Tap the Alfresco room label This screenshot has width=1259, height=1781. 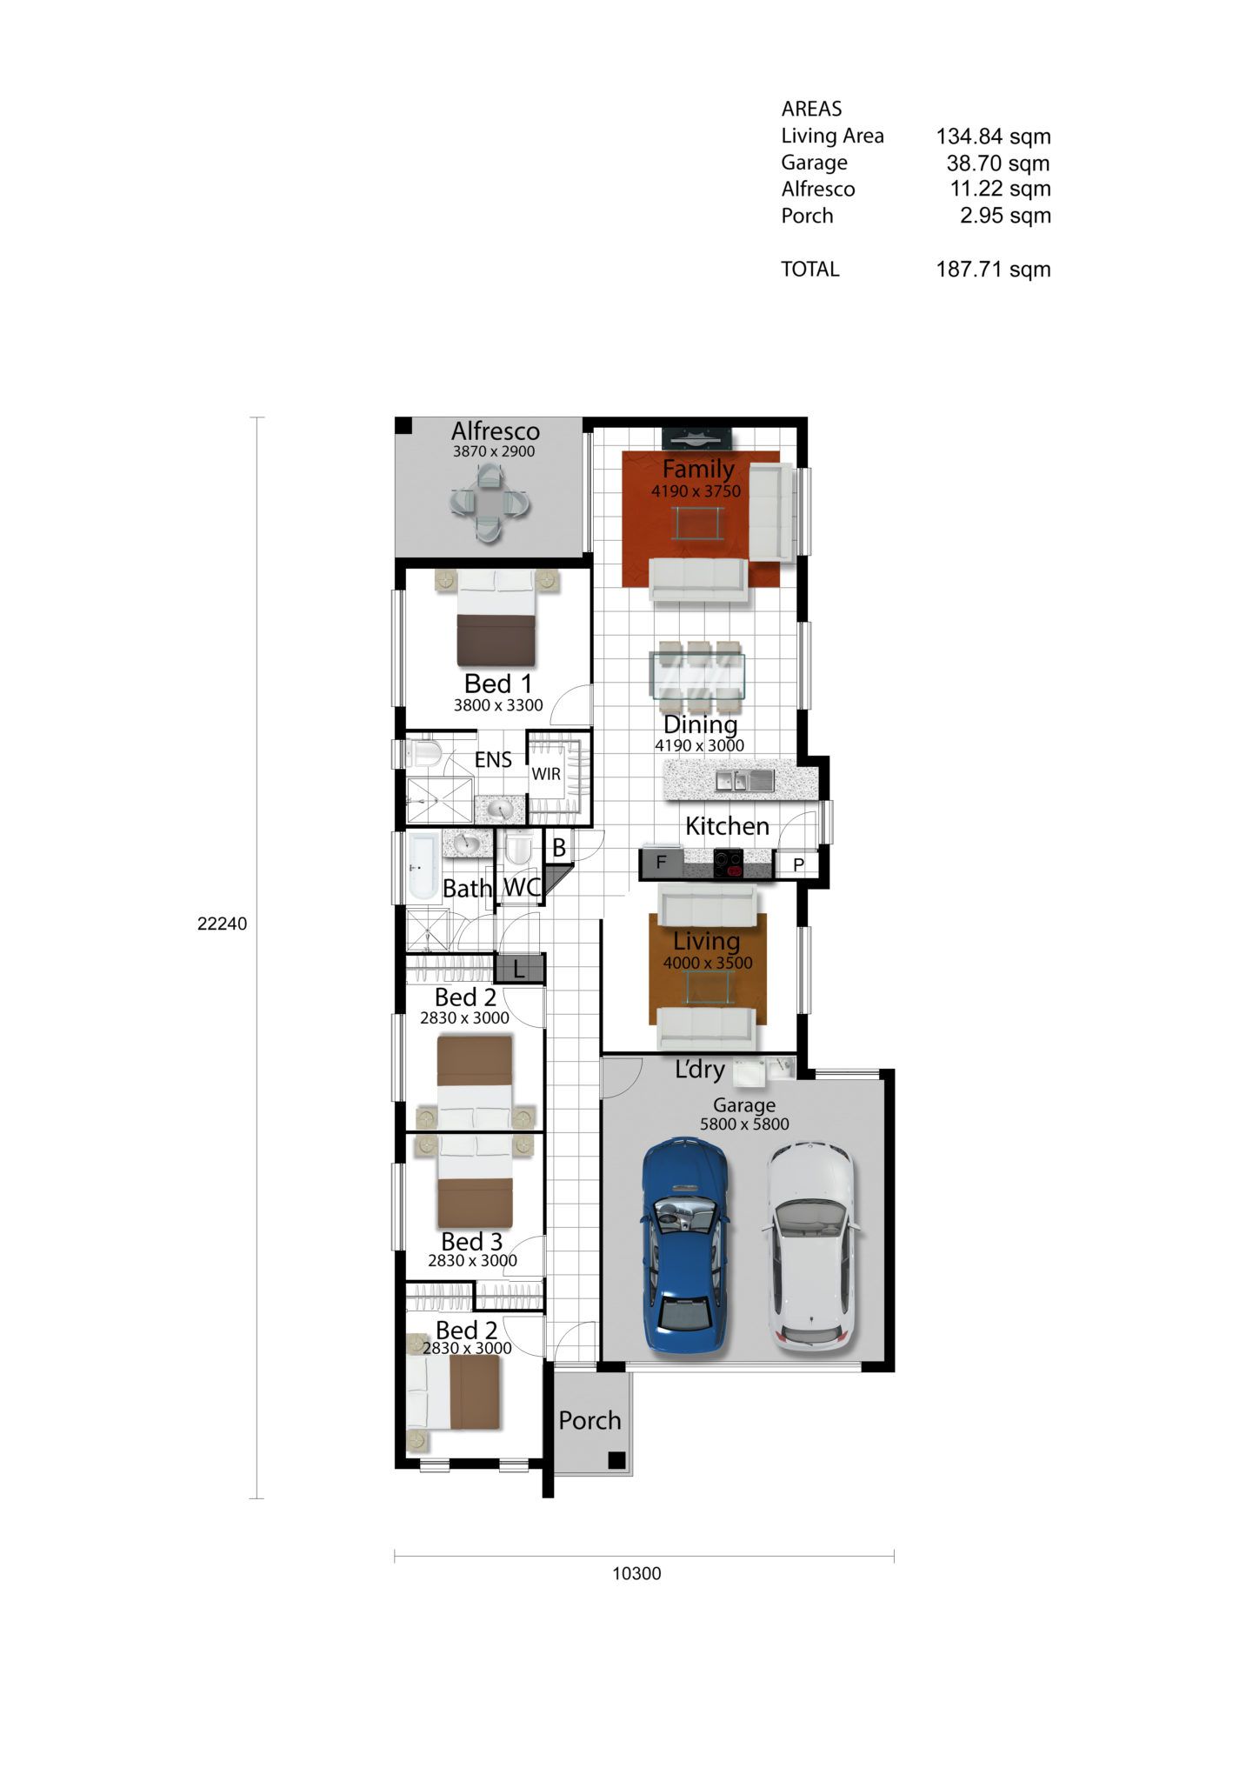496,430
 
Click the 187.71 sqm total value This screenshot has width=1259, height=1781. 993,270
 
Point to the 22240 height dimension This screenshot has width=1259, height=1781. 222,924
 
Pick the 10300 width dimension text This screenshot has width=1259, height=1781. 636,1573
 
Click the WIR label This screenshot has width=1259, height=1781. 546,773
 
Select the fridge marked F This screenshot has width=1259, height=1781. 661,863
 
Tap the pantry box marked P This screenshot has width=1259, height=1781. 798,864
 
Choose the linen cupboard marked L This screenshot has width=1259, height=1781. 519,968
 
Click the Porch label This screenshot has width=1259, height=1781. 590,1420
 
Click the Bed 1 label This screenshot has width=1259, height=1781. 497,684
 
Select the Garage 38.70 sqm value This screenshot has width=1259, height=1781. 998,163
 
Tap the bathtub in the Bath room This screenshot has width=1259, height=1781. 423,868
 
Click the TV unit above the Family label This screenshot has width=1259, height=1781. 696,438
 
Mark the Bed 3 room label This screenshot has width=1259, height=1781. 471,1241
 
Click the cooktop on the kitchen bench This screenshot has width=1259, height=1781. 729,862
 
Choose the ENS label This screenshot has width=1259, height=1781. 493,760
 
